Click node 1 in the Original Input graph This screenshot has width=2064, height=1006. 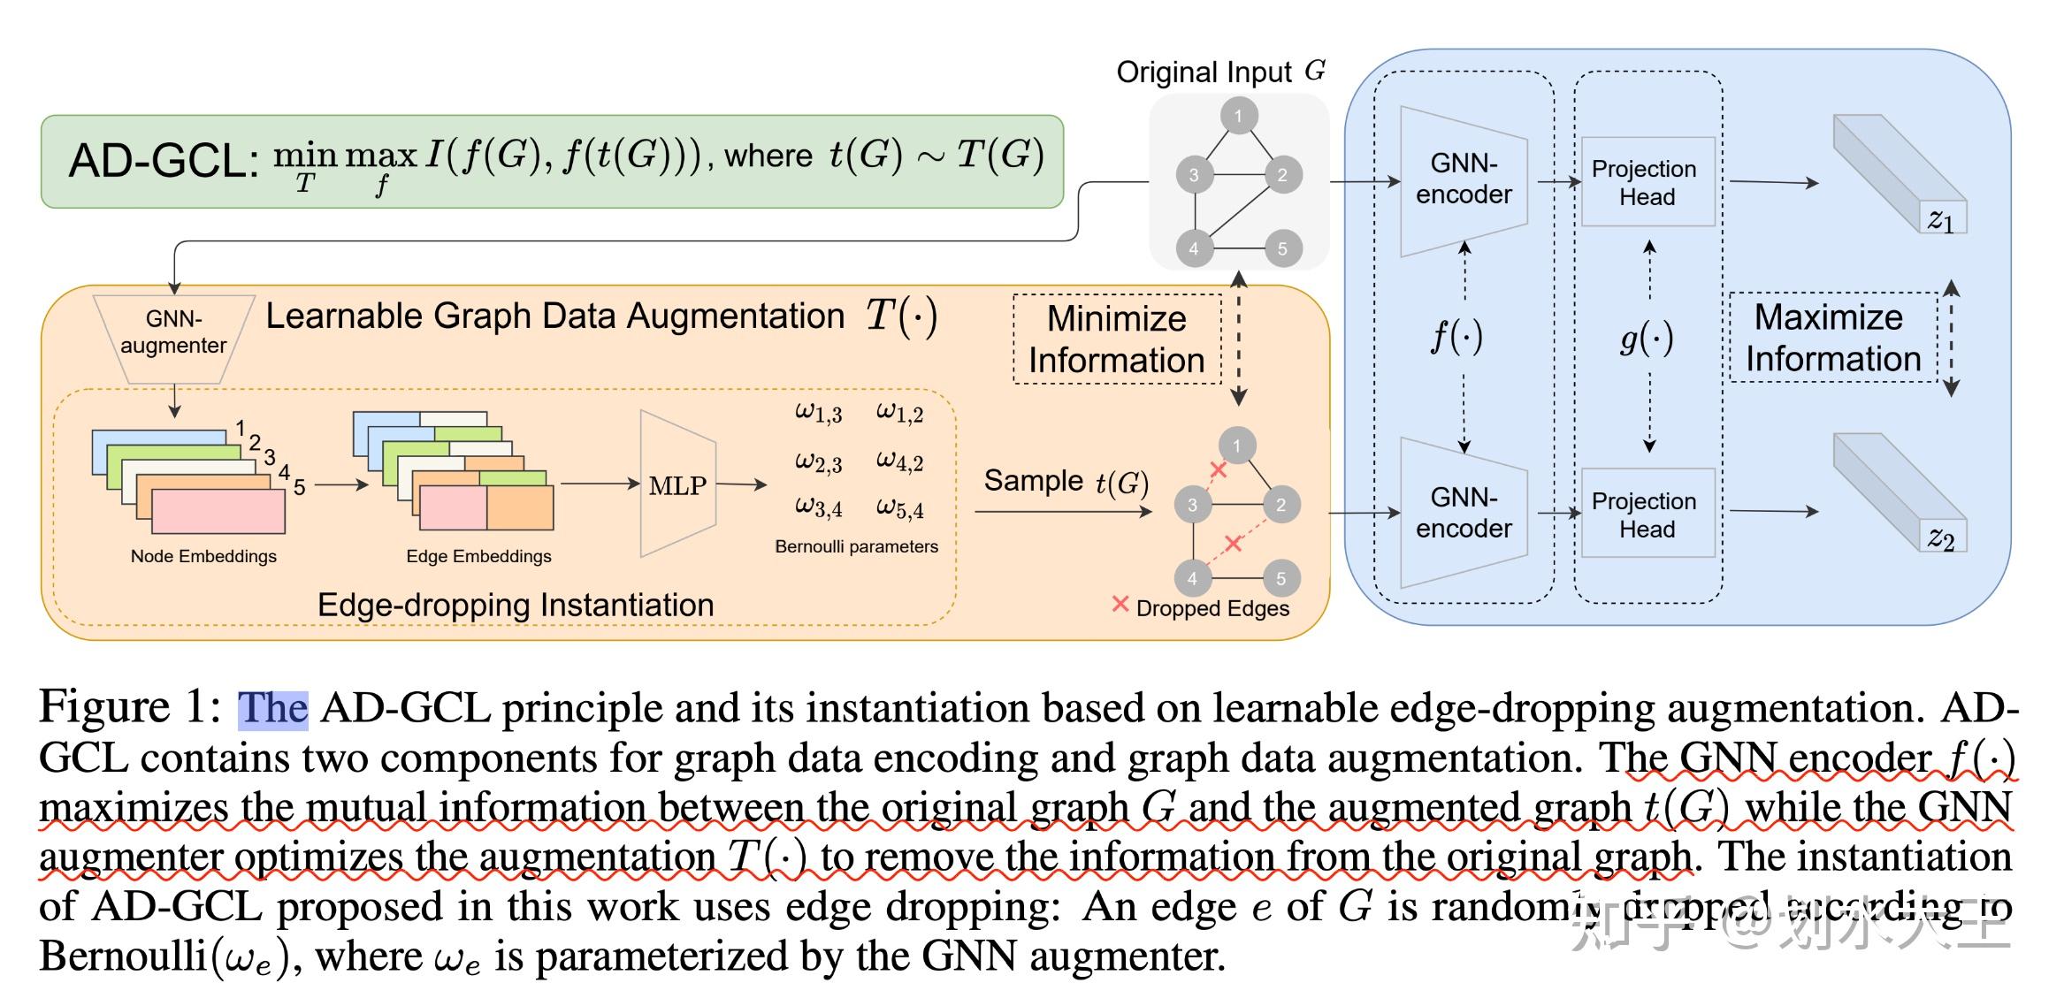[x=1238, y=116]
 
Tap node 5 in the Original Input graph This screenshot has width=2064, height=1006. [x=1281, y=248]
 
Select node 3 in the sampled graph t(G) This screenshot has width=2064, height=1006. [x=1192, y=505]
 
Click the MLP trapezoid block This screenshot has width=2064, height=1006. [x=677, y=484]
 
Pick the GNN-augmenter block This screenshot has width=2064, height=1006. [x=174, y=333]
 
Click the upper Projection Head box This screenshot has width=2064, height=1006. [x=1647, y=182]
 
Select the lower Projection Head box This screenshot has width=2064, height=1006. [x=1647, y=514]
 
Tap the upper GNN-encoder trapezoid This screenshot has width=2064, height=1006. [x=1464, y=180]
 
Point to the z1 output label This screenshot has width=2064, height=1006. [x=1941, y=219]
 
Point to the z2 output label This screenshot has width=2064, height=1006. [x=1941, y=537]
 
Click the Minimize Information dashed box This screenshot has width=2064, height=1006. [x=1116, y=339]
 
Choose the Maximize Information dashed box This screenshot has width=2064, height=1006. [x=1832, y=338]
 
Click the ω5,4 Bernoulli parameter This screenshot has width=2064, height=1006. [x=899, y=507]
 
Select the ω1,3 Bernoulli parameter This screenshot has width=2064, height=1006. [x=818, y=412]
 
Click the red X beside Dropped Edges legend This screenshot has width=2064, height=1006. [x=1120, y=605]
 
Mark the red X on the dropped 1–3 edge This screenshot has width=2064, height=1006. [x=1218, y=470]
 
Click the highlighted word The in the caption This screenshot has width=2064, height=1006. [x=272, y=709]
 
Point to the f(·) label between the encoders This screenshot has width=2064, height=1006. [x=1456, y=337]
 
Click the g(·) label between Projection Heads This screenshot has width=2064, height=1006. [x=1646, y=339]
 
